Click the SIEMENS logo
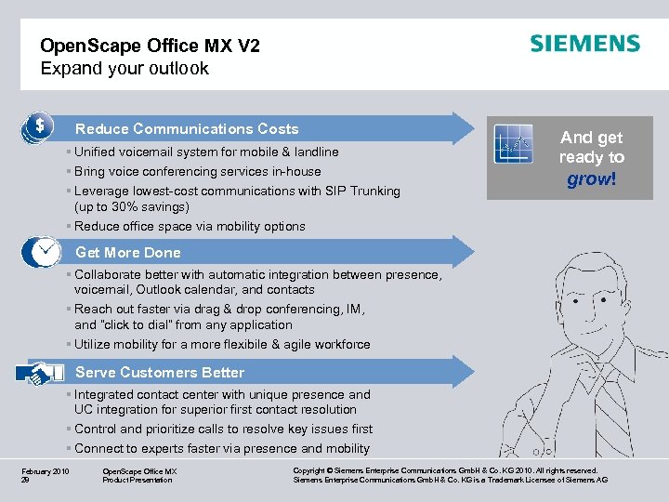click(584, 44)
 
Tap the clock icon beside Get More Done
click(43, 252)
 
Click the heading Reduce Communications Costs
click(187, 129)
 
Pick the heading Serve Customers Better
click(160, 373)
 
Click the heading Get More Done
click(128, 253)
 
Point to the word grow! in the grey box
click(592, 178)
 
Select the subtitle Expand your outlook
click(125, 69)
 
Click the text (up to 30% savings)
click(132, 207)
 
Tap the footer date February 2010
click(46, 471)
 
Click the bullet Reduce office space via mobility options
click(190, 226)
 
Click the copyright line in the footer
click(445, 471)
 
